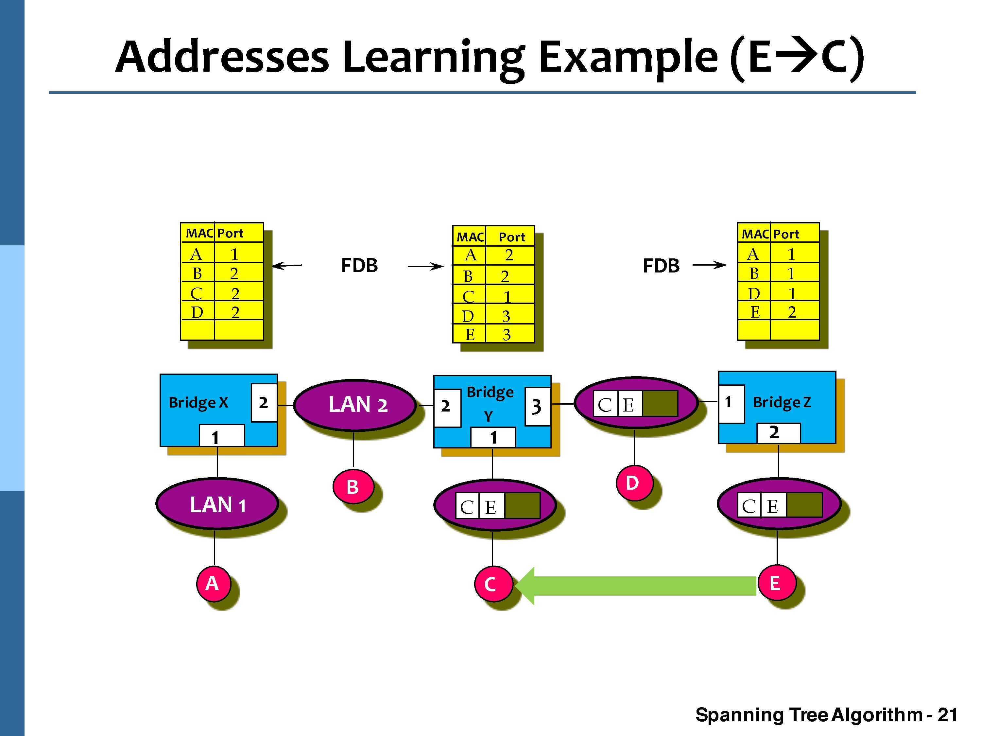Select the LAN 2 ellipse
coord(355,405)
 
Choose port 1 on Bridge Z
coord(731,403)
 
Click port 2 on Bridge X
coord(264,403)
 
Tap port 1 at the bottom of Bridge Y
coord(493,437)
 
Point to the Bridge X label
coord(198,403)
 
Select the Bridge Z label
coord(782,402)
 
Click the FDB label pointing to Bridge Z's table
coord(661,266)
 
